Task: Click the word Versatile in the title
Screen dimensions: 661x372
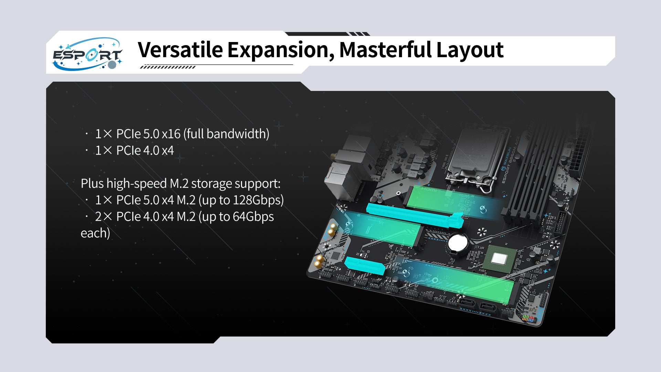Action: [180, 50]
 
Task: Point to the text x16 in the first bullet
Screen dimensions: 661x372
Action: [171, 134]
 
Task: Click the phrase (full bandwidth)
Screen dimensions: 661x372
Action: [227, 134]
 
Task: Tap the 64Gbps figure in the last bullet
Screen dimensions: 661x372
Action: [253, 217]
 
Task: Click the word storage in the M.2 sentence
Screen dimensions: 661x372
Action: [210, 184]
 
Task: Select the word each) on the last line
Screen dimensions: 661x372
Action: [95, 233]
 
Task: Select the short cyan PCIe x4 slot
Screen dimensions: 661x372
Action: [365, 265]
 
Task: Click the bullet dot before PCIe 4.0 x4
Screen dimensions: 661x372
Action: [87, 151]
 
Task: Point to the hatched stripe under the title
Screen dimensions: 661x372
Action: [168, 67]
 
